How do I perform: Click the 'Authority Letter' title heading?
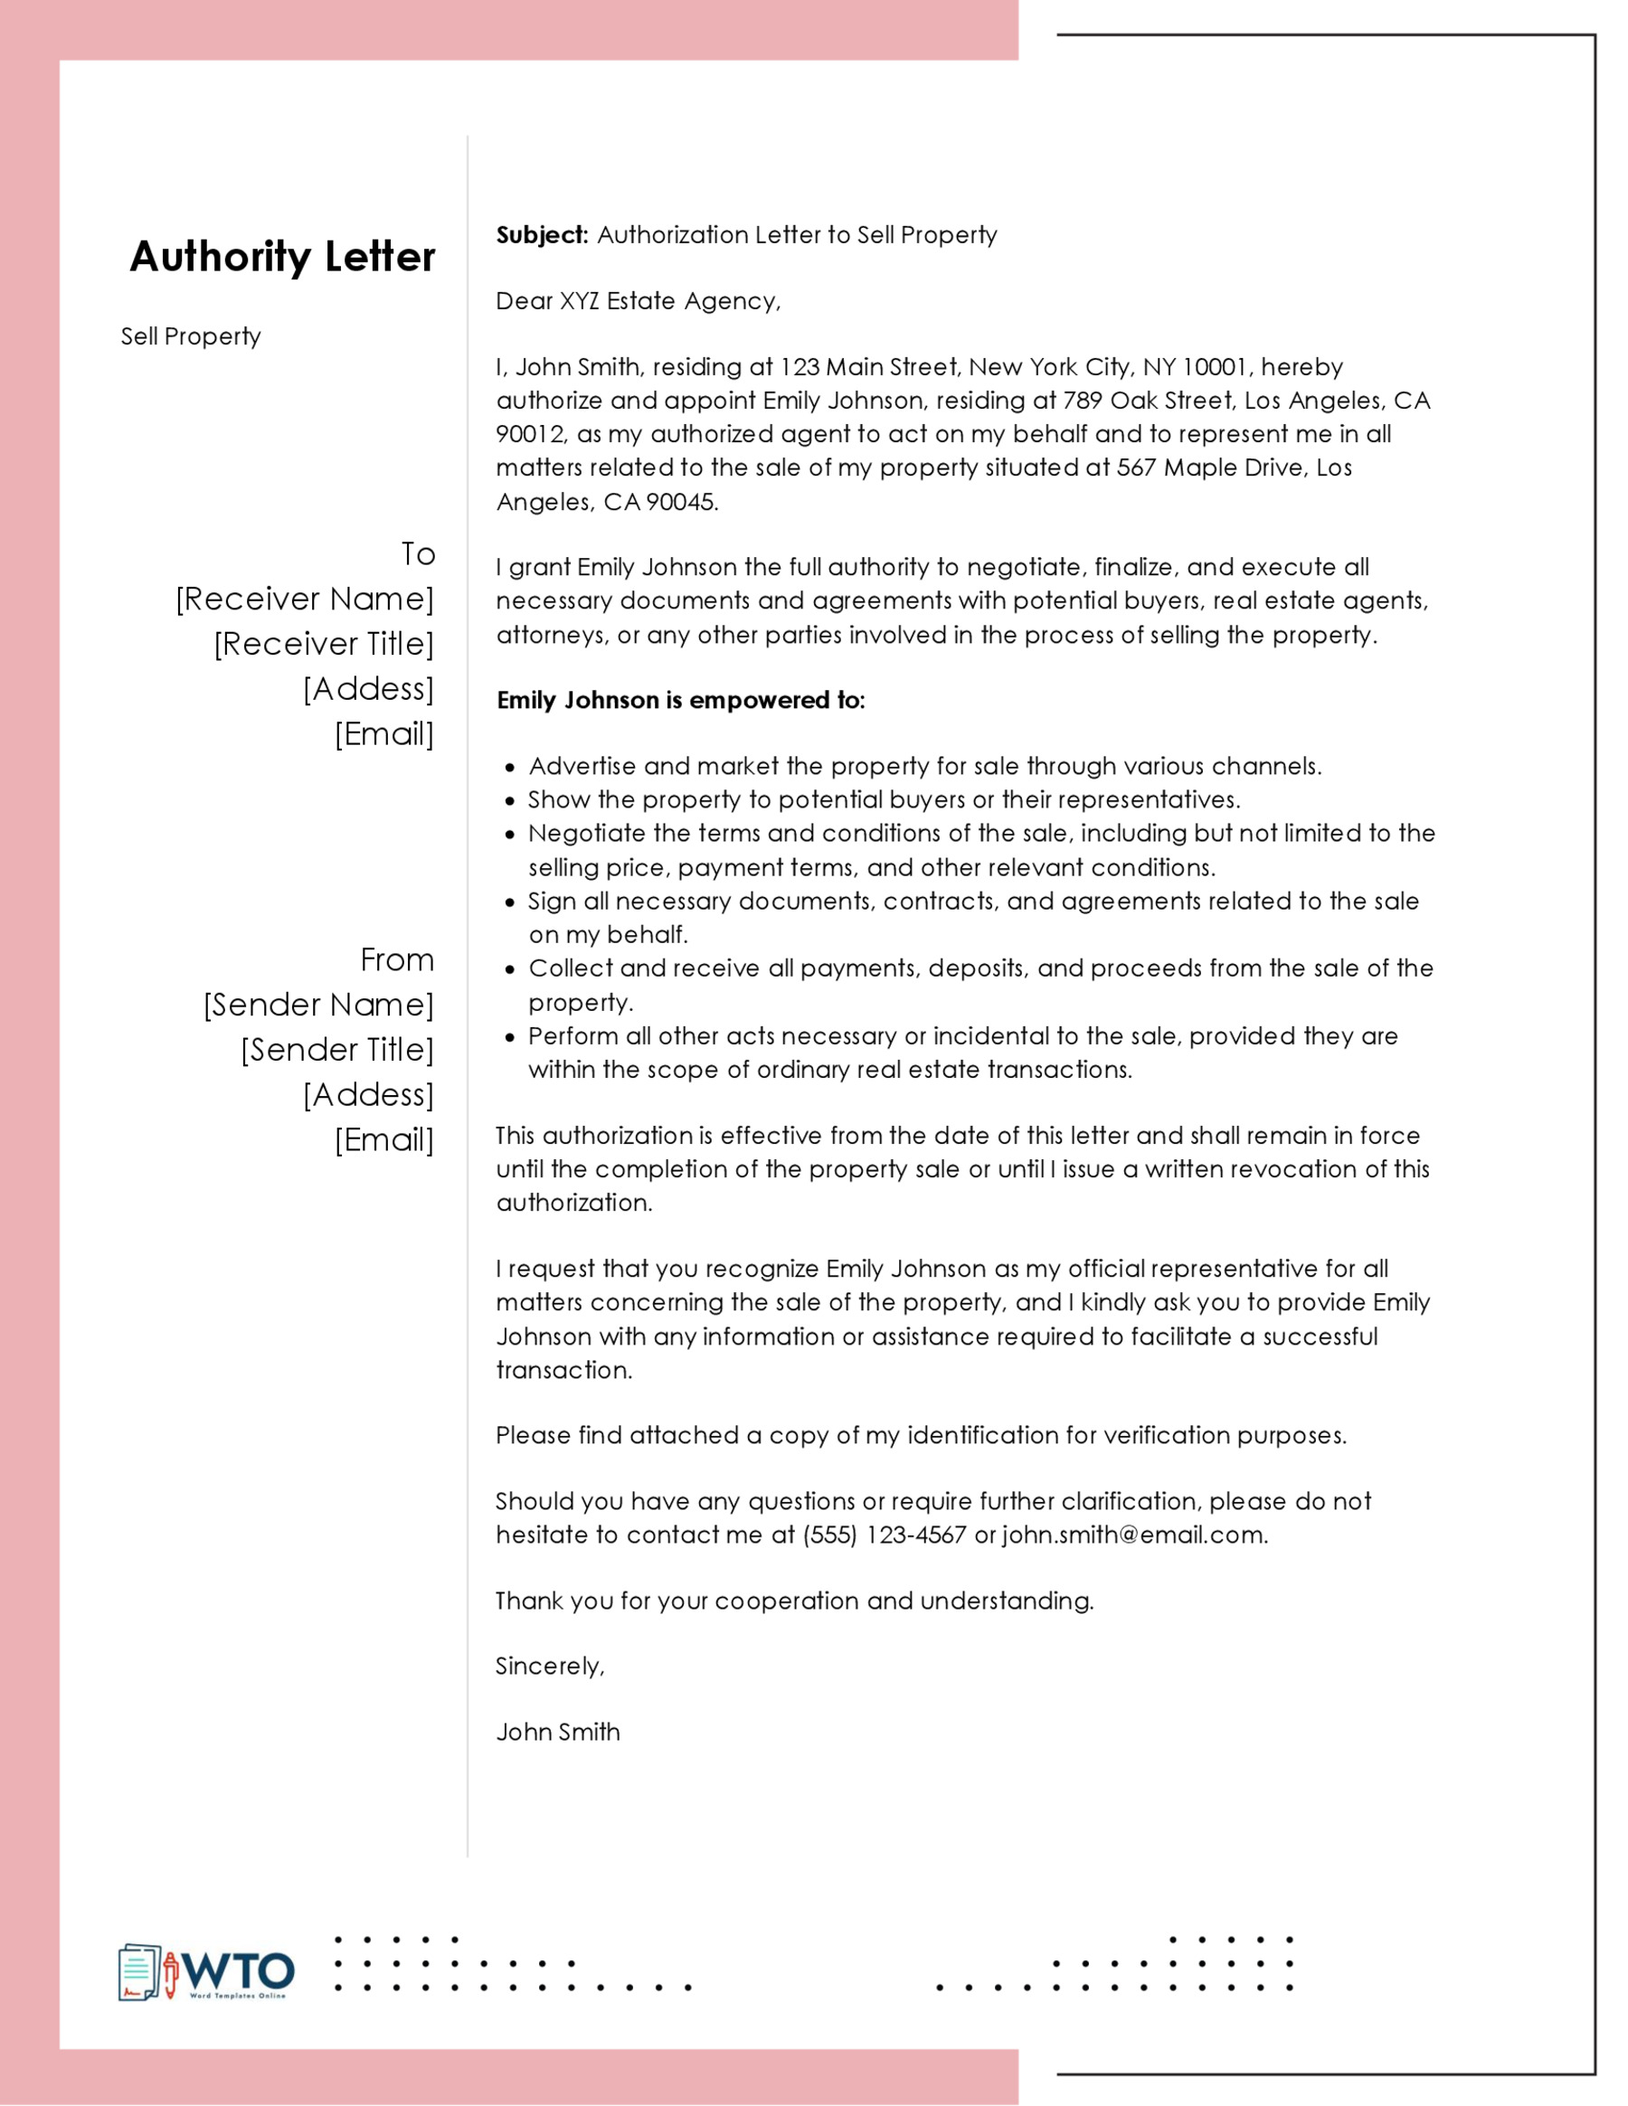point(281,257)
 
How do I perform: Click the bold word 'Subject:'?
point(541,235)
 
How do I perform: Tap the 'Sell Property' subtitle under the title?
point(190,336)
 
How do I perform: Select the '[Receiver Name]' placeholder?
point(305,599)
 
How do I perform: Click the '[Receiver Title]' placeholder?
point(324,644)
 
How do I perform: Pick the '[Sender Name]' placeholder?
point(318,1005)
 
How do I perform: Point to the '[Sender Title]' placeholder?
point(336,1050)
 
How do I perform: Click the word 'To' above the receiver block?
point(418,554)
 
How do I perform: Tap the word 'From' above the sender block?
point(396,960)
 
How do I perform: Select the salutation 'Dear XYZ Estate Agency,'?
point(638,302)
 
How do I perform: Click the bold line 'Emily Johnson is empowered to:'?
point(681,701)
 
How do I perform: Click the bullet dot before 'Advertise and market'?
point(510,769)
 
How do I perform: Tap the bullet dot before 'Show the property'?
point(510,801)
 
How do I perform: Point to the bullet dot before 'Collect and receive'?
point(510,970)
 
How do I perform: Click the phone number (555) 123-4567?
point(884,1535)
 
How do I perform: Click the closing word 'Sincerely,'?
point(550,1667)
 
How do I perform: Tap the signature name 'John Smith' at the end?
point(557,1732)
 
